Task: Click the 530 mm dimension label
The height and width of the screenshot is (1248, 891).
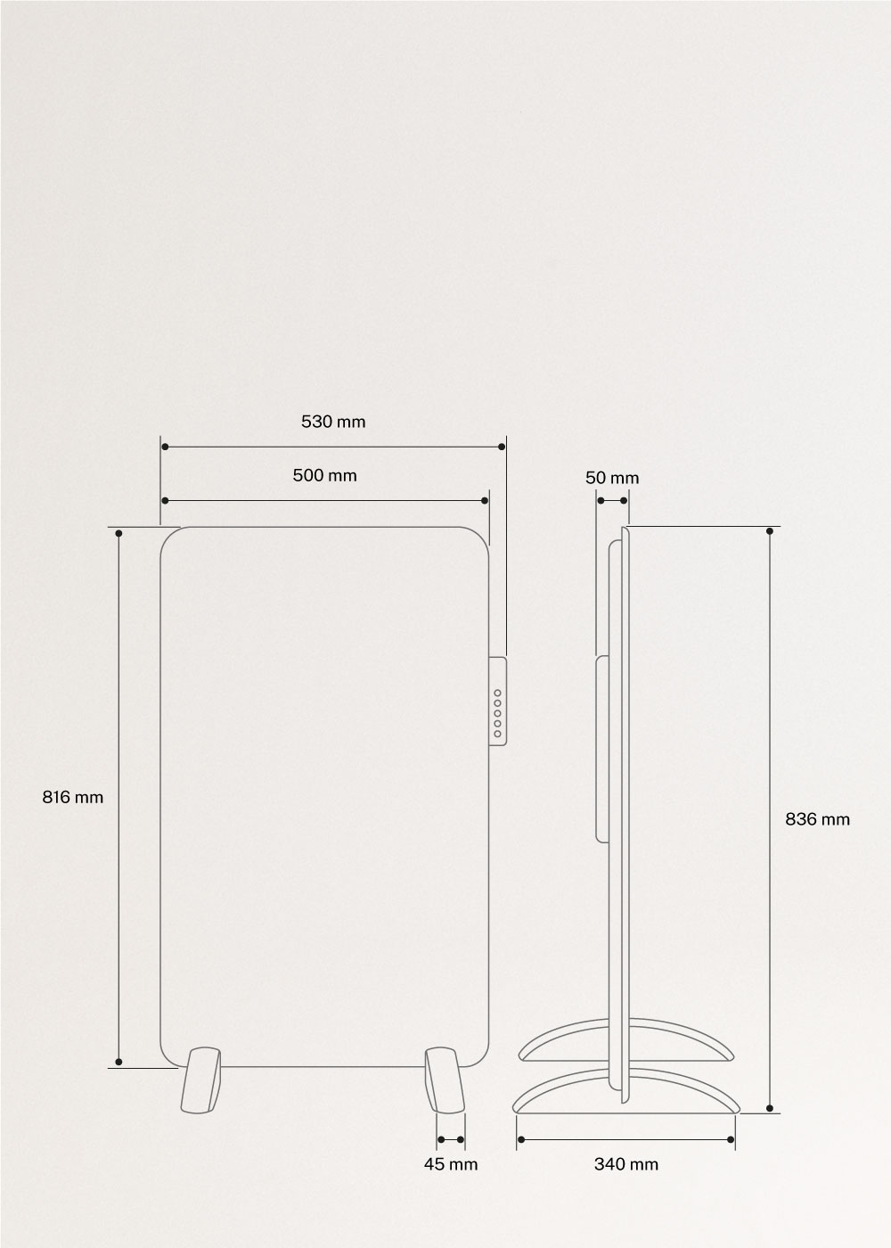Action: (x=333, y=422)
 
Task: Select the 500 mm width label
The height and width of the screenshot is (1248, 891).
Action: (x=324, y=475)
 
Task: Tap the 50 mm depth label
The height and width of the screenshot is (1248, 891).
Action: (x=612, y=478)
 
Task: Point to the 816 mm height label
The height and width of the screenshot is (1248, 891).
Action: (x=73, y=797)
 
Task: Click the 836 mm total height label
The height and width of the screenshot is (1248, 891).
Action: (x=817, y=818)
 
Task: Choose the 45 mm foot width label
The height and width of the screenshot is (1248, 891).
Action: (x=451, y=1164)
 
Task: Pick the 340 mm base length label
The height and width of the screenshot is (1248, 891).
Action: (x=626, y=1164)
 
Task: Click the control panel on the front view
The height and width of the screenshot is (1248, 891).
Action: (x=498, y=701)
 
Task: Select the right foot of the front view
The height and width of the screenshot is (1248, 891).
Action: (x=444, y=1080)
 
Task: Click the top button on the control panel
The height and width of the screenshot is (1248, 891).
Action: (x=498, y=693)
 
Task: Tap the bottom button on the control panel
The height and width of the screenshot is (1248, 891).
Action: (x=498, y=734)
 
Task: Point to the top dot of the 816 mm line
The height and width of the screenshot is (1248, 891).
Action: (x=119, y=532)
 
